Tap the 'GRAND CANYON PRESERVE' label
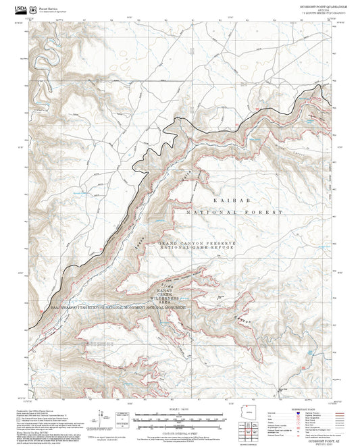tap(197, 242)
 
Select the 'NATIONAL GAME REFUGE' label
tap(197, 248)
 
